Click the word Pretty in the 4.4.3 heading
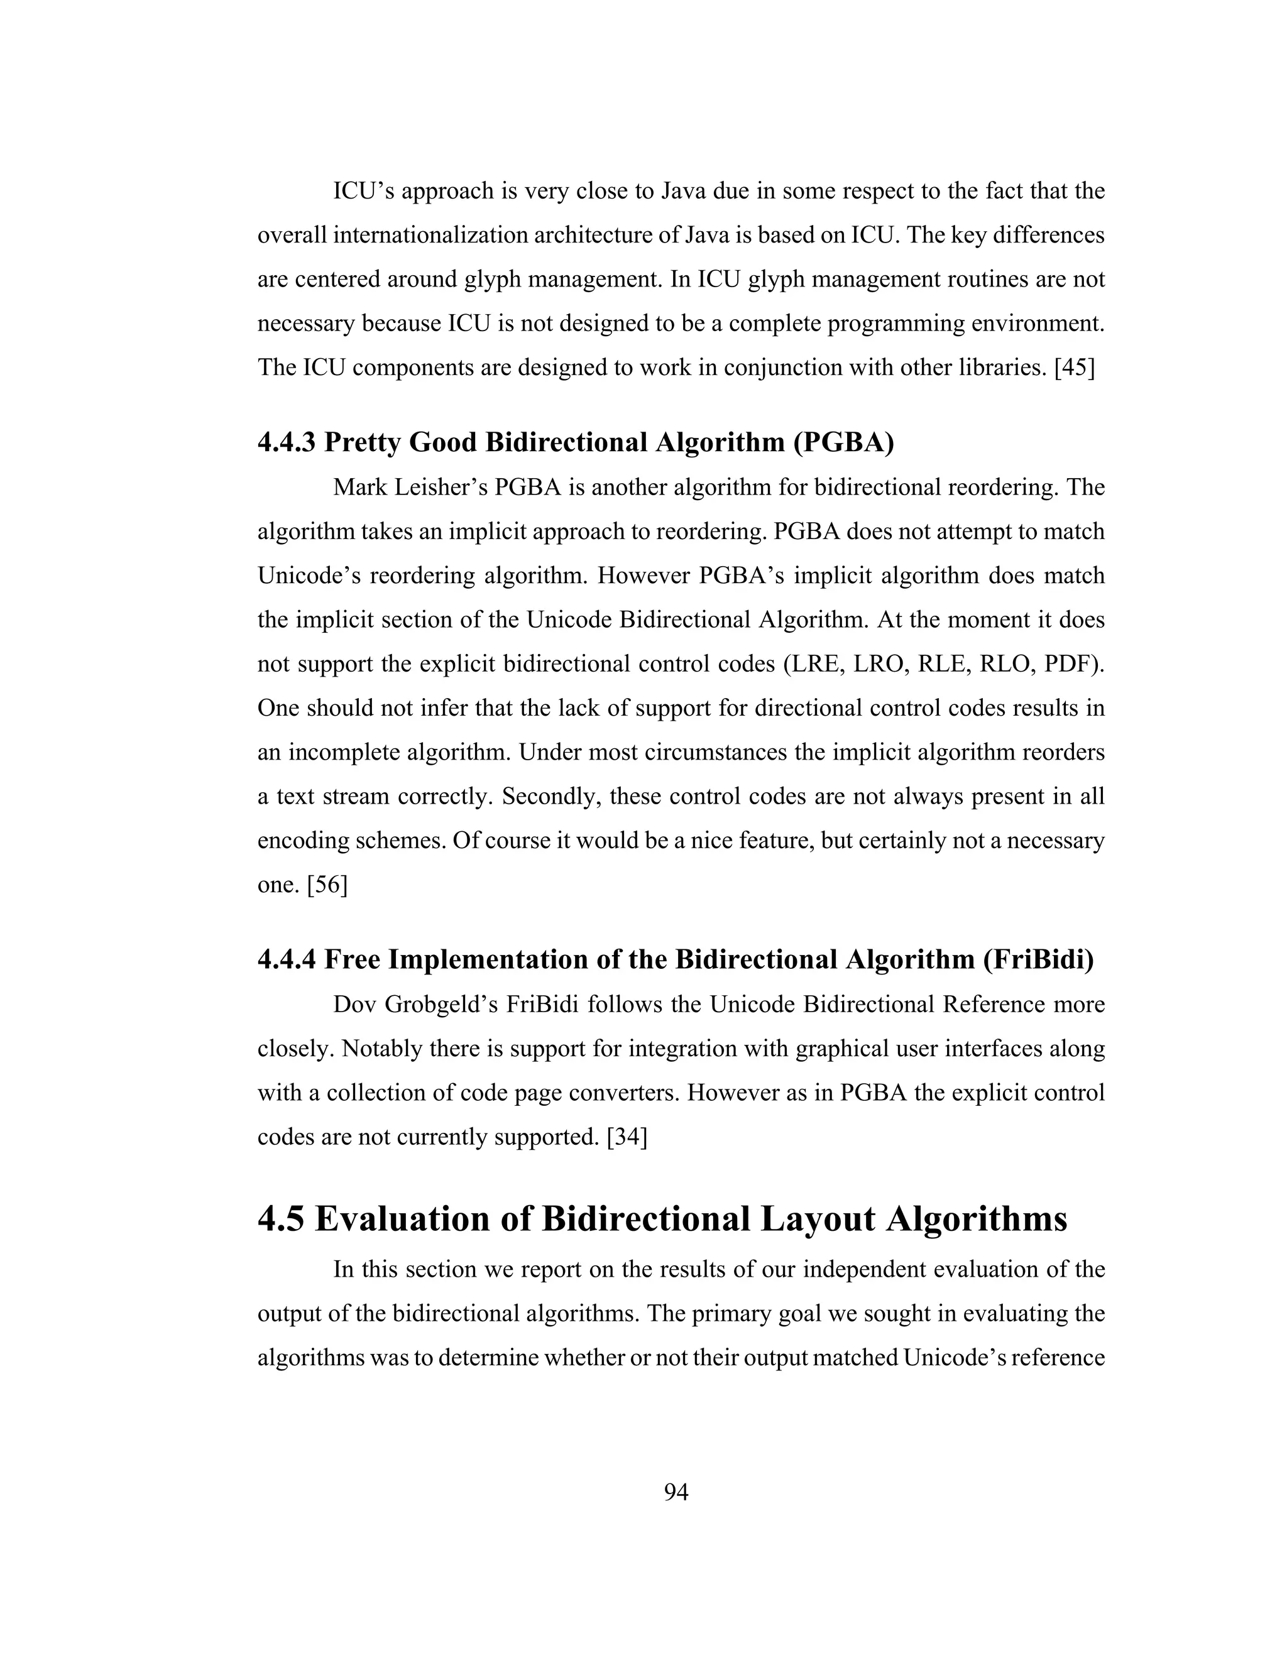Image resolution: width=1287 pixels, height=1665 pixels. point(362,442)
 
